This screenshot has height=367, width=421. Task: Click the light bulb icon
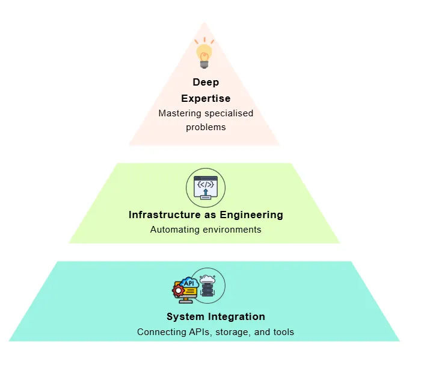point(204,54)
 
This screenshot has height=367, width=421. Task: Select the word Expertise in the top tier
point(206,98)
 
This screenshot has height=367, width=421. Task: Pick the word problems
point(206,127)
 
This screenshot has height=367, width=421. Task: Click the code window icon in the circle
point(206,187)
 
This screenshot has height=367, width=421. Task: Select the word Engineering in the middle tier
point(253,215)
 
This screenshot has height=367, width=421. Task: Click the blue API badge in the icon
point(189,282)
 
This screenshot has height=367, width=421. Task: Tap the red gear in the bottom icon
point(177,290)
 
